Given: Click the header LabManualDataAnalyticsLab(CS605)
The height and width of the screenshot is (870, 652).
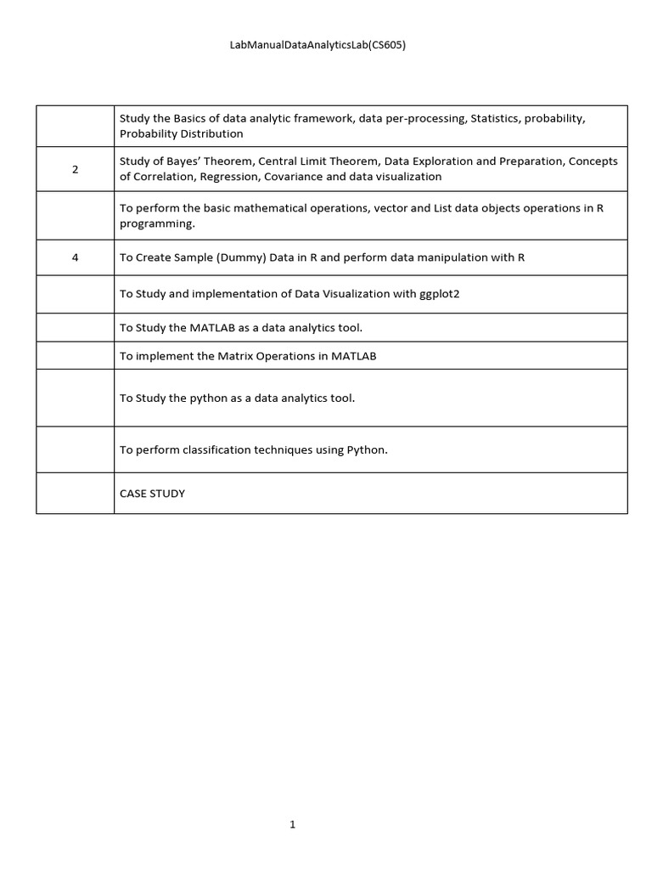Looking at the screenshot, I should click(318, 46).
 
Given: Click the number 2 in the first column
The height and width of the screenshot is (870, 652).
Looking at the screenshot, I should click(75, 169).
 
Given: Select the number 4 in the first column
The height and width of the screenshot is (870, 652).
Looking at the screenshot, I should click(75, 257).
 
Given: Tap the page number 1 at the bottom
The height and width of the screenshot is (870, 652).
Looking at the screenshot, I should click(293, 824).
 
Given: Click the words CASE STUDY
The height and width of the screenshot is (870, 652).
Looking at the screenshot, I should click(152, 494).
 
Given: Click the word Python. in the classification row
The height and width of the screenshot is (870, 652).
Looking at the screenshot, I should click(367, 450).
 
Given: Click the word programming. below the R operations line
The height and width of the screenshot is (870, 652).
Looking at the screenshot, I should click(158, 223).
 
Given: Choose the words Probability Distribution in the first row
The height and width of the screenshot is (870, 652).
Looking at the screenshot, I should click(181, 133).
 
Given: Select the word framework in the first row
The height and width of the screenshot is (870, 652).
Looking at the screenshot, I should click(326, 119).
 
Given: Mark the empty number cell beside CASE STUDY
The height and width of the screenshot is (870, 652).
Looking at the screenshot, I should click(75, 494).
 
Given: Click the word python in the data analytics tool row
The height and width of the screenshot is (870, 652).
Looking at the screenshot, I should click(207, 398).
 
